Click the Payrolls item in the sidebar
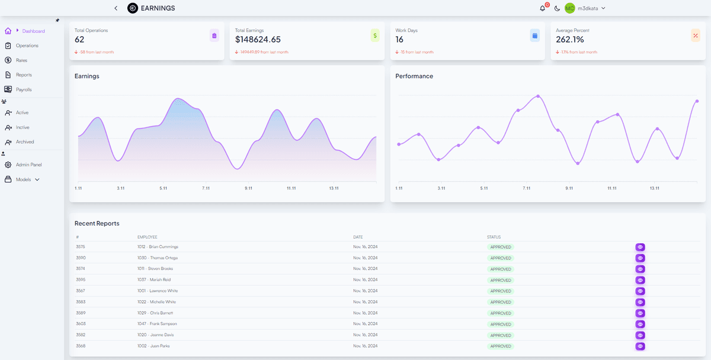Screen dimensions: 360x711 tap(23, 89)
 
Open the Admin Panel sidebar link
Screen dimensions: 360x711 tap(28, 165)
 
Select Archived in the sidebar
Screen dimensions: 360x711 tap(24, 142)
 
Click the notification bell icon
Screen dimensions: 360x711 tap(542, 8)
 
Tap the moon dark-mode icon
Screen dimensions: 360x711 tap(557, 8)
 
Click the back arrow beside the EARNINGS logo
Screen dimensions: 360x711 tap(116, 8)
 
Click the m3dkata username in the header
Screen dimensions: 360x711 tap(588, 8)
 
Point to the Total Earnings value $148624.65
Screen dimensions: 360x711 tap(258, 40)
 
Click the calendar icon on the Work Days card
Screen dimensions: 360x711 tap(534, 36)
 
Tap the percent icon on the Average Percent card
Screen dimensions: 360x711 tap(695, 36)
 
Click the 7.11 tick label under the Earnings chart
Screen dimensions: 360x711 tap(206, 188)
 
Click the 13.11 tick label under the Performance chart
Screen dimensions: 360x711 tap(654, 188)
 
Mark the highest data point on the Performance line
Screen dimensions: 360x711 tap(538, 96)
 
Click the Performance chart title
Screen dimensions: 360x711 tap(414, 76)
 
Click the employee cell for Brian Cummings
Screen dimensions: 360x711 tap(158, 247)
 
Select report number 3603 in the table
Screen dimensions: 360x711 tap(81, 324)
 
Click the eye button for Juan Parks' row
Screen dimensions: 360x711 tap(640, 346)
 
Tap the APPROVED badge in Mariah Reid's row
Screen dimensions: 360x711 tap(500, 280)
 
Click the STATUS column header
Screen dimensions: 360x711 tap(494, 237)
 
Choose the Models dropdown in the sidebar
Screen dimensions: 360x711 tap(27, 179)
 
